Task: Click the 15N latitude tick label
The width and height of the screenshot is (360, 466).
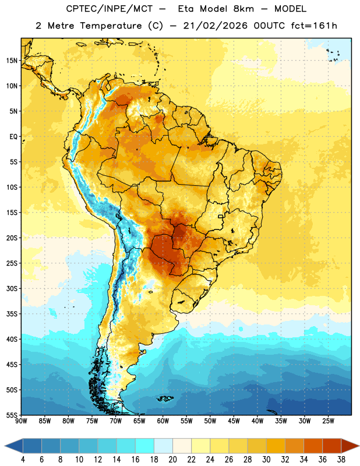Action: tap(12, 61)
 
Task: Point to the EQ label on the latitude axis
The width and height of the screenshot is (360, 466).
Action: tap(13, 137)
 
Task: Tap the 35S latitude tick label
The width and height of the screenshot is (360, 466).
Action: tap(12, 314)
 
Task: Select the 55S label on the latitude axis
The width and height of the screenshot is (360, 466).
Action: tap(12, 415)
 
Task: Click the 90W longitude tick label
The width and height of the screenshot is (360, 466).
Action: tap(21, 421)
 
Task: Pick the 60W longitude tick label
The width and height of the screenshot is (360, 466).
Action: tap(163, 421)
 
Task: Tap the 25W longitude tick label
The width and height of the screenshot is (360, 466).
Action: tap(328, 421)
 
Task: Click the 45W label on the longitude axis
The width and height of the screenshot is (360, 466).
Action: tap(234, 421)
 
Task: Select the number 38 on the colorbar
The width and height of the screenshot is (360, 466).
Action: tap(341, 460)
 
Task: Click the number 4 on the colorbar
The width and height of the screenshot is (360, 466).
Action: tap(23, 460)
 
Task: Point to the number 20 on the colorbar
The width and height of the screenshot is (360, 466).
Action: tap(172, 460)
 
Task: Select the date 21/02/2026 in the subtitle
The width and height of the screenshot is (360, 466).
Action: tap(215, 26)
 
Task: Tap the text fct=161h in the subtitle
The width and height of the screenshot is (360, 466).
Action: tap(314, 26)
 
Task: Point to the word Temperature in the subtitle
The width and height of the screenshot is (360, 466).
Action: tap(111, 26)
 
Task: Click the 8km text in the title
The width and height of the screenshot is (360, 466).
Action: tap(243, 9)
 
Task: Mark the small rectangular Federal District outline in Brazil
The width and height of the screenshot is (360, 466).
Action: tap(221, 217)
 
